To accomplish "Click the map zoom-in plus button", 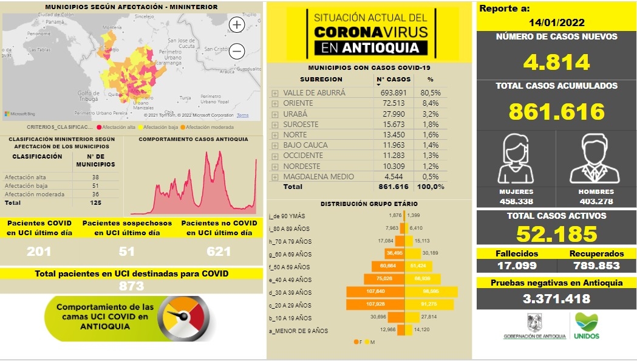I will [237, 25].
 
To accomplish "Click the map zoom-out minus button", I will [237, 52].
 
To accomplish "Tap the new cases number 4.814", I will [557, 62].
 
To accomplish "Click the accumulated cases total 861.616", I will [557, 111].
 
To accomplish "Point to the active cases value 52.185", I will [557, 234].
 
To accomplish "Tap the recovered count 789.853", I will [596, 266].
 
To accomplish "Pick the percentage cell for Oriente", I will [430, 103].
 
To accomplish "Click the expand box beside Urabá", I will [275, 114].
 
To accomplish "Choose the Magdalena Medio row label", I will [318, 176].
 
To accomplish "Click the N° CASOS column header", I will [393, 79].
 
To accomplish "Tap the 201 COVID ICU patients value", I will [39, 252].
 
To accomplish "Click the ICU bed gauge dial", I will [183, 318].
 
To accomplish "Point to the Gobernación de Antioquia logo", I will [534, 327].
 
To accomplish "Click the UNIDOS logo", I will [586, 326].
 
